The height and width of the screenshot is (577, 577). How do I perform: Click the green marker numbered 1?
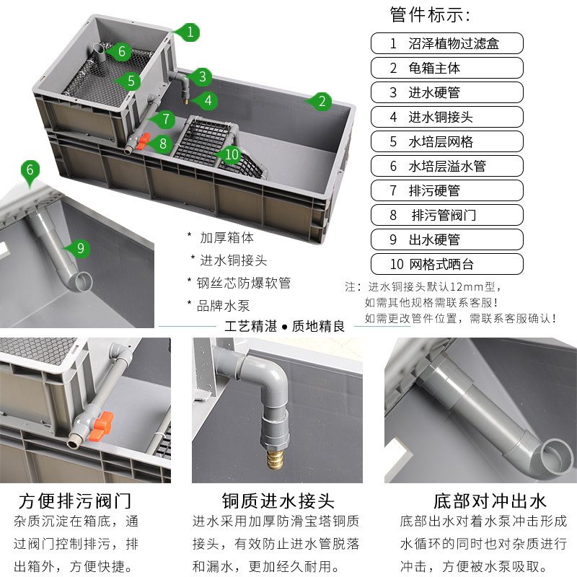click(x=190, y=32)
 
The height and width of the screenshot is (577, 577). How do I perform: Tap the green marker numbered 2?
click(x=322, y=101)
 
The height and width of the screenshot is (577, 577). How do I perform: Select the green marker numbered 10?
click(x=232, y=154)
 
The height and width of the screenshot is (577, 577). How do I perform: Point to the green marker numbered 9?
click(x=80, y=248)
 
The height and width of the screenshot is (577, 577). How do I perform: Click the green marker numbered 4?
click(x=208, y=101)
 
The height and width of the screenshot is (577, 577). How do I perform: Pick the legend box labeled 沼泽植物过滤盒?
click(x=446, y=43)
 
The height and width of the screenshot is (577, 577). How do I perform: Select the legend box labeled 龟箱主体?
click(x=446, y=68)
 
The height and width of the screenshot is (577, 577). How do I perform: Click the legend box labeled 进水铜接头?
click(x=446, y=117)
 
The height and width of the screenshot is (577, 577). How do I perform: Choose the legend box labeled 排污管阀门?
click(x=446, y=215)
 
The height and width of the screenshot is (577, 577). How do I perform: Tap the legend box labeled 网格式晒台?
click(x=446, y=264)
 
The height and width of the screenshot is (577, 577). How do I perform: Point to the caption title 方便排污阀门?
click(x=76, y=501)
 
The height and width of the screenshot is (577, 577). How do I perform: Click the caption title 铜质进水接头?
click(x=278, y=501)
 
